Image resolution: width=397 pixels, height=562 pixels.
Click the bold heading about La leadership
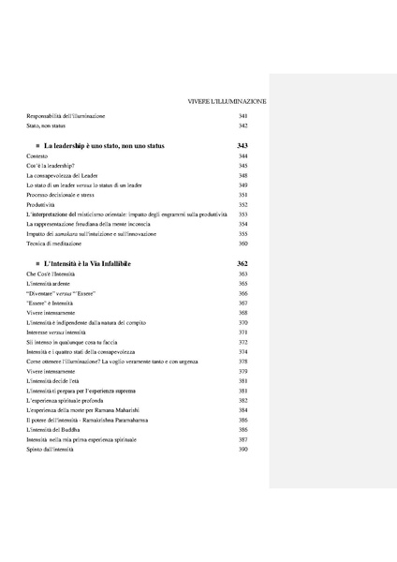[x=106, y=147]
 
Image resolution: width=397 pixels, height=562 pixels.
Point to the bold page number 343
[x=243, y=147]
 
